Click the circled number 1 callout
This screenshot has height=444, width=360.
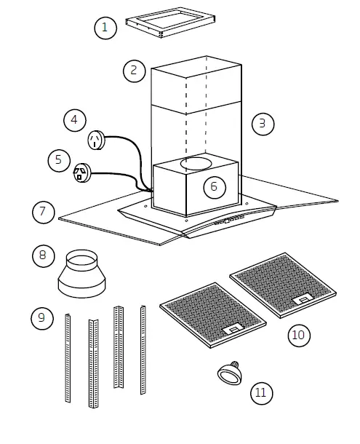tap(105, 28)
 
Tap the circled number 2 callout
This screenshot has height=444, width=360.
tap(133, 70)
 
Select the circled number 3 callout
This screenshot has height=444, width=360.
tap(263, 123)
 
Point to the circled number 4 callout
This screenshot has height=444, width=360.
tap(74, 119)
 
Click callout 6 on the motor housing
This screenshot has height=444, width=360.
tap(213, 186)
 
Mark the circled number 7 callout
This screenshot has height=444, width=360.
tap(44, 212)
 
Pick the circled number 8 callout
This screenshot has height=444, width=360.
tap(44, 255)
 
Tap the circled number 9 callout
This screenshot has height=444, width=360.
tap(43, 317)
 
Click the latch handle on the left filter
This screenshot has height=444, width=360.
tap(233, 330)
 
